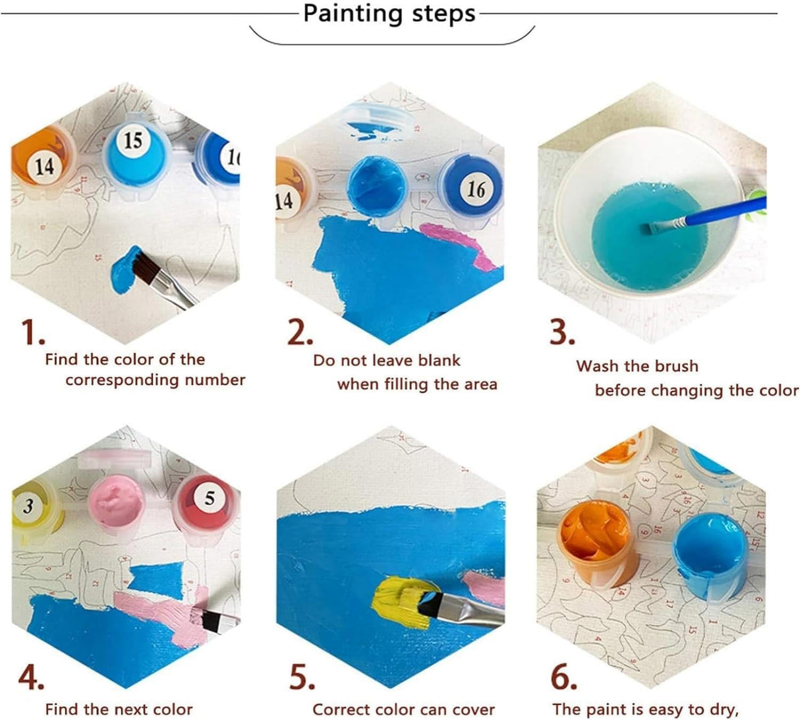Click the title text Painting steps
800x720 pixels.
[x=389, y=14]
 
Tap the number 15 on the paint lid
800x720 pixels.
[x=133, y=140]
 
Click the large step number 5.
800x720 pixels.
[x=301, y=678]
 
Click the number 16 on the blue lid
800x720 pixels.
[x=476, y=189]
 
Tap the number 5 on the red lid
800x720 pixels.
[x=209, y=498]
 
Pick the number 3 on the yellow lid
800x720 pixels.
[x=28, y=506]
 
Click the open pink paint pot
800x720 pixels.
[x=116, y=500]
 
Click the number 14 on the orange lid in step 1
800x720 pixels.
[x=44, y=165]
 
